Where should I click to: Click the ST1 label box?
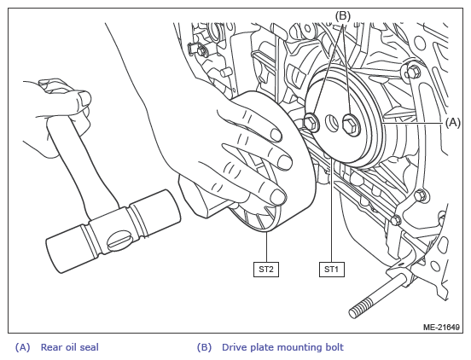[332, 270]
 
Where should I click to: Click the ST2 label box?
[266, 270]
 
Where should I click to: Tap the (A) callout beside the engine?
[453, 123]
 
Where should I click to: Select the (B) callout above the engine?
[343, 15]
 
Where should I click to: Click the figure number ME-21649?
[441, 327]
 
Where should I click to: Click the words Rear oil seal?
[69, 347]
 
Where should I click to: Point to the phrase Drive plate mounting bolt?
[282, 347]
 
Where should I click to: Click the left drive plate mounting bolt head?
[311, 123]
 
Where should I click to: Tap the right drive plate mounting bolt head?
[352, 125]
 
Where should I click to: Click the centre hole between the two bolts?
[332, 123]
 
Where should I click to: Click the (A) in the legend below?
[22, 347]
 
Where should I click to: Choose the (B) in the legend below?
[204, 347]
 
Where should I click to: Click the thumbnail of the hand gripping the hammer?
[84, 98]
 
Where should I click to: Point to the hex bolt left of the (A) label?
[413, 72]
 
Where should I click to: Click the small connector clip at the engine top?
[196, 49]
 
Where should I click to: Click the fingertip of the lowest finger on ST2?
[278, 197]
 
